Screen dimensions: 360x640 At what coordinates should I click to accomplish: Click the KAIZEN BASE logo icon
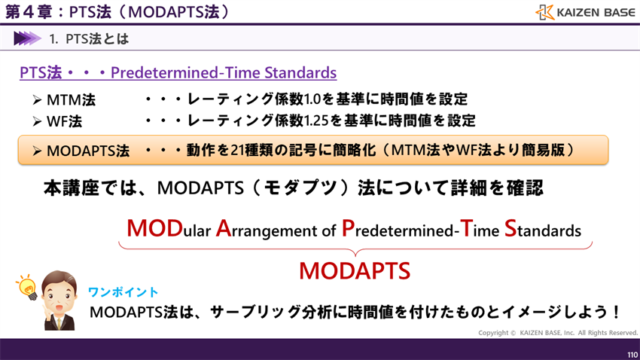545,12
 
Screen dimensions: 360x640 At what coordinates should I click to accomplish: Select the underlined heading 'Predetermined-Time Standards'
223,73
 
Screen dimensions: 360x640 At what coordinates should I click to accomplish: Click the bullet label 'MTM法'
71,100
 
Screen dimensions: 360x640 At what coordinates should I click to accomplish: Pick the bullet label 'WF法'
65,121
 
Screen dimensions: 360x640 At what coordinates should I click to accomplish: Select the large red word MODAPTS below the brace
354,270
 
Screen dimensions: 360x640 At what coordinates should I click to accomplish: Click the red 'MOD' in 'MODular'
153,228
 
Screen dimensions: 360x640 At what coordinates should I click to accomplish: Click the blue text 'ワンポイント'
123,291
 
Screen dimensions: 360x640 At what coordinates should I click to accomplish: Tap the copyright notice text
557,333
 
